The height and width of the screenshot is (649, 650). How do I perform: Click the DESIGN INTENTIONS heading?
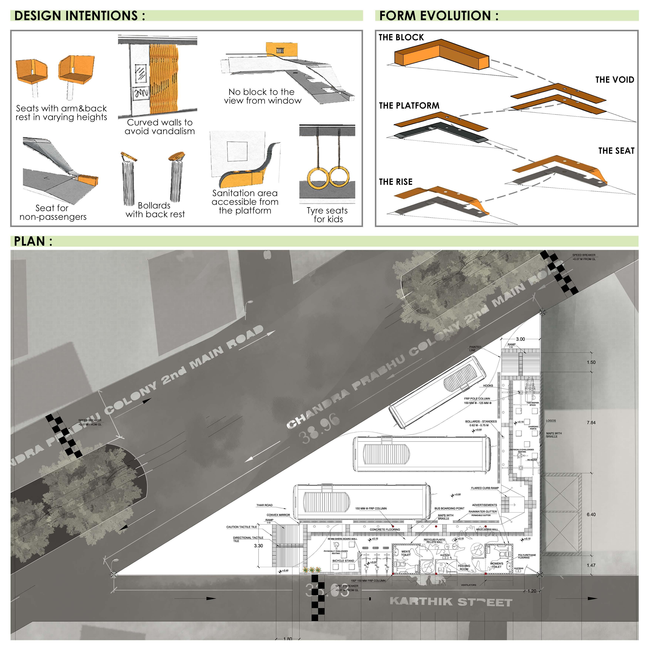80,16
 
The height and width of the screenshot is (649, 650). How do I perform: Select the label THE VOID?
614,80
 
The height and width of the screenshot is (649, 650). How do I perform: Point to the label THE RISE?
395,182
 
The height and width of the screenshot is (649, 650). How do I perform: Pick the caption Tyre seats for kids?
327,215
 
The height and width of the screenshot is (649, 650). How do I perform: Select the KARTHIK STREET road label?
451,602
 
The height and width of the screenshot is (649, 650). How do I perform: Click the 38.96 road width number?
320,428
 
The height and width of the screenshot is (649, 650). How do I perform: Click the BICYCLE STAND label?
343,561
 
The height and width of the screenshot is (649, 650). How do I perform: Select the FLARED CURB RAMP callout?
485,488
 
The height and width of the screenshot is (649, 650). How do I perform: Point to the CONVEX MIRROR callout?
278,515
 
